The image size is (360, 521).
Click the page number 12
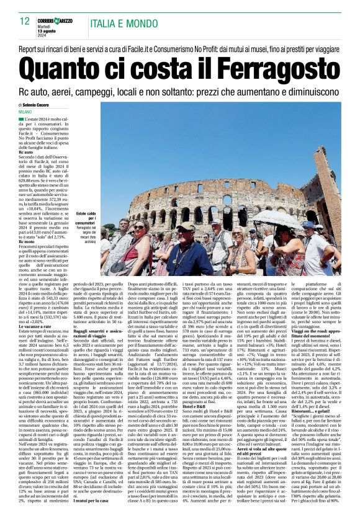tap(25, 20)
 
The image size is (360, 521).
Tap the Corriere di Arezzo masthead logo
tap(53, 22)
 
